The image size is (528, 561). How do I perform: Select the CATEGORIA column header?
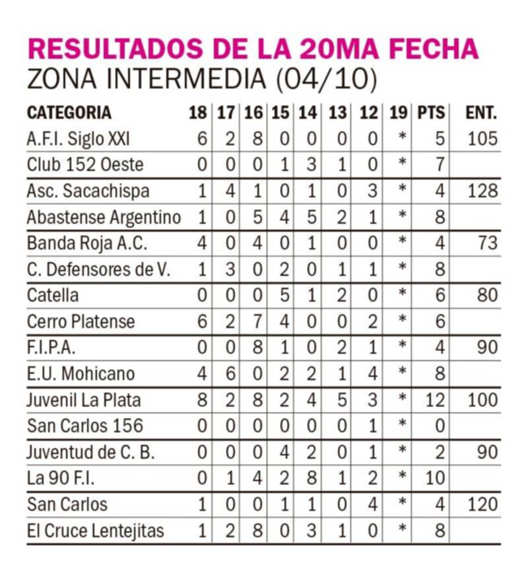(x=69, y=113)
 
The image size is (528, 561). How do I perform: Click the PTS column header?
(x=431, y=113)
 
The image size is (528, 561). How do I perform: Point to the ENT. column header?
(x=480, y=113)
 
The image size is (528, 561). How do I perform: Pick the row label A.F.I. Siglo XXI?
(x=79, y=139)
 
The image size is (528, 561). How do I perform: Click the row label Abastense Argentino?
(x=104, y=217)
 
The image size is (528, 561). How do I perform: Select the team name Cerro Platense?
(x=81, y=321)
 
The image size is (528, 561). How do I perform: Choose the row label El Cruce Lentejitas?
(x=96, y=531)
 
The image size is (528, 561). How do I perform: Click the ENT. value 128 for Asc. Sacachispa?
(x=480, y=191)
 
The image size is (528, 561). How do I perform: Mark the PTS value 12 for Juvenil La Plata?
(x=436, y=400)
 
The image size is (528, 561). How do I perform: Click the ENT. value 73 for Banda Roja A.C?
(x=486, y=244)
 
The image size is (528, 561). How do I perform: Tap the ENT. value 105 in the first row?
(x=480, y=139)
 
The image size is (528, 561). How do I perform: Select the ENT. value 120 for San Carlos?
(x=480, y=505)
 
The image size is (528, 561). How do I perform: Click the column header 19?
(x=399, y=113)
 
